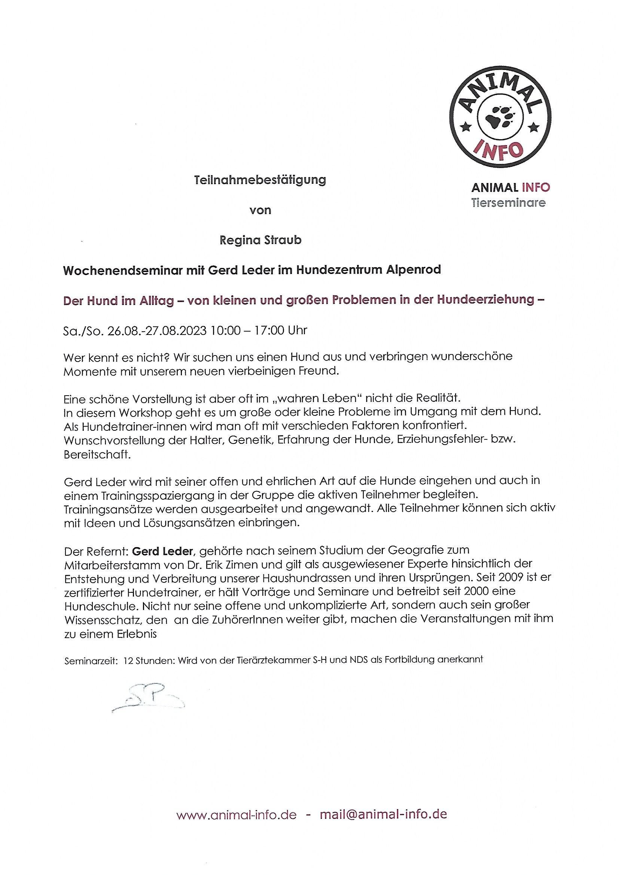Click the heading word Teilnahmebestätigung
pyautogui.click(x=260, y=180)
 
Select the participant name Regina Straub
pyautogui.click(x=260, y=241)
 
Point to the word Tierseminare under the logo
pyautogui.click(x=508, y=203)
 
